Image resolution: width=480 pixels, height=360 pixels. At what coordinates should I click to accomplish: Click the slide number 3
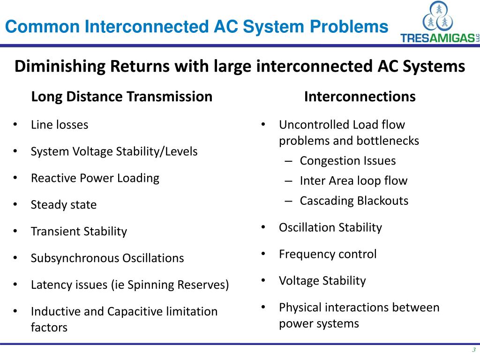coord(473,350)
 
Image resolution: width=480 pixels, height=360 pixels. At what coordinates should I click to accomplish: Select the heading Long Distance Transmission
coord(121,97)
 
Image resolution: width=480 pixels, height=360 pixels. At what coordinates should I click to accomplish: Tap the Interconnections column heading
coord(360,97)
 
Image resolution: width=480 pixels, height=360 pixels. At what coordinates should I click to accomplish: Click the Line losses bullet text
coord(60,125)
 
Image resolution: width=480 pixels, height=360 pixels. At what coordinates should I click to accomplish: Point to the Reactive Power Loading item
coord(95,178)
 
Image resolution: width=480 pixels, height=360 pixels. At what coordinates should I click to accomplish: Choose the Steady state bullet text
coord(64,205)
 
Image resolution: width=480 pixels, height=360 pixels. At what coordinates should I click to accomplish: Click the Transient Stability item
coord(79,232)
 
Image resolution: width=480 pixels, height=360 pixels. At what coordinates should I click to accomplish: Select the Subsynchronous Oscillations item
coord(107,258)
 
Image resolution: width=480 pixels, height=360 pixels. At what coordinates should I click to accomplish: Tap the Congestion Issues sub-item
coord(348,161)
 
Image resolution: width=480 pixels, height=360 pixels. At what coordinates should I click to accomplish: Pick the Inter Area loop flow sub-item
coord(353,181)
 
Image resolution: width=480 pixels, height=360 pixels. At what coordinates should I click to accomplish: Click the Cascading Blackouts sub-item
coord(354,201)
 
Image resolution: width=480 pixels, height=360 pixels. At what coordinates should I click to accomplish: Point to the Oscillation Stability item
coord(330,228)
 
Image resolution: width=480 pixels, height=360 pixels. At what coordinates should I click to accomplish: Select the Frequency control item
coord(328,255)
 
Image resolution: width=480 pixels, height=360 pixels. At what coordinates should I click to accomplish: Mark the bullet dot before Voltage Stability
coord(263,280)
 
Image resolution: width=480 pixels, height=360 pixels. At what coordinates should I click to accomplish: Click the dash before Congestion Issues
coord(289,161)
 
